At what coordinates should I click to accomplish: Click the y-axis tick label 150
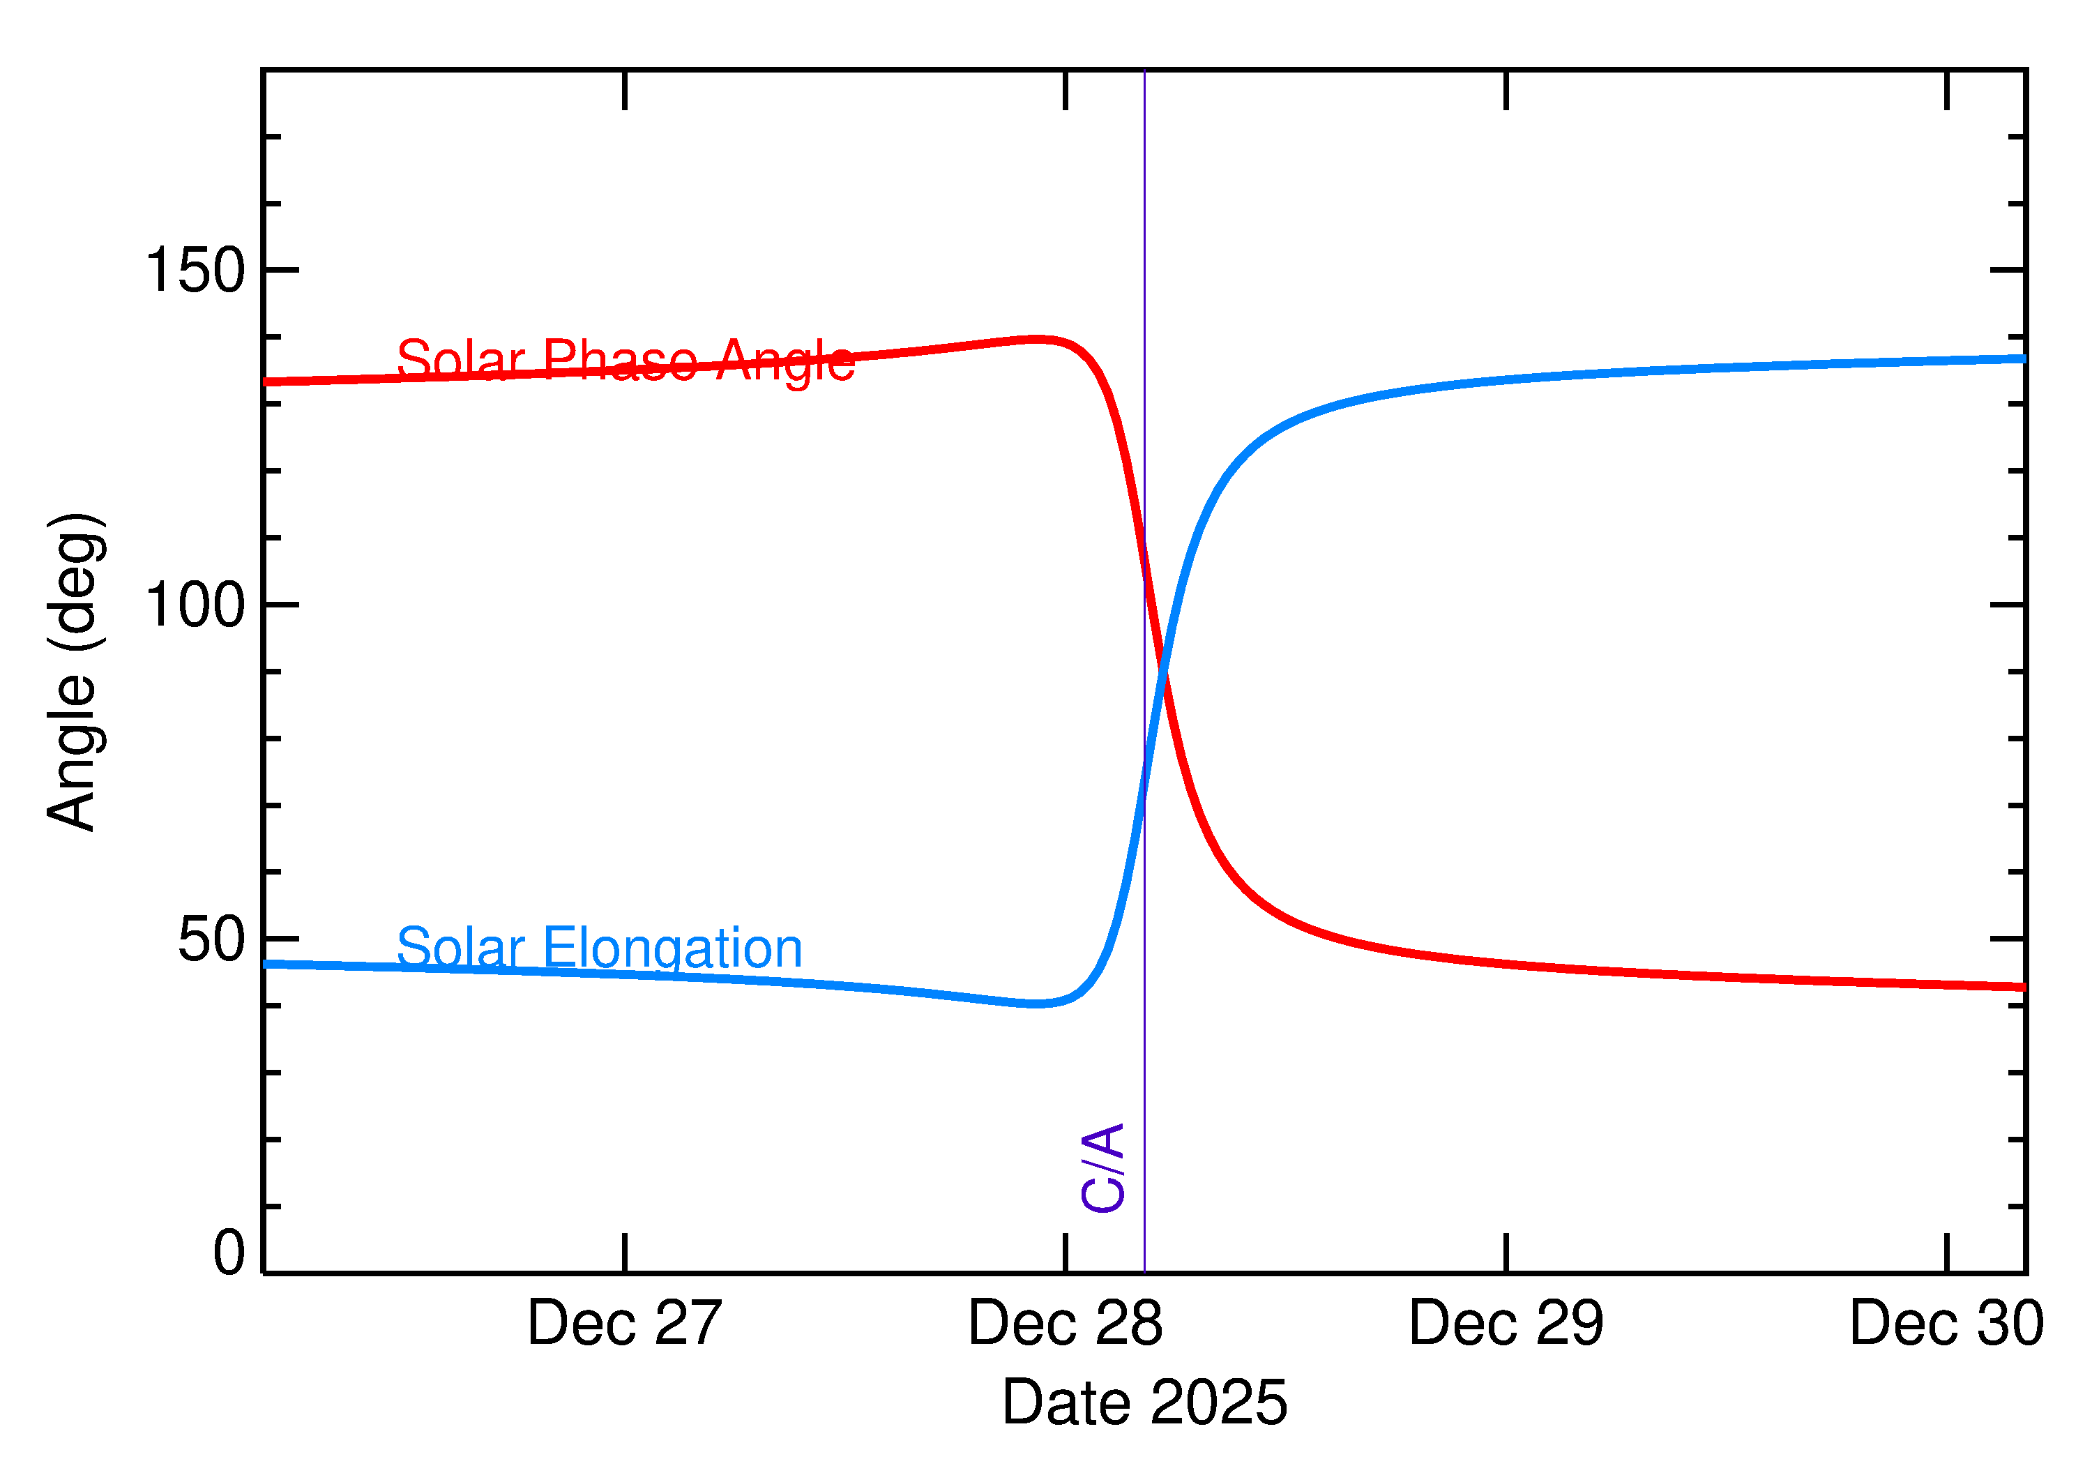pos(195,271)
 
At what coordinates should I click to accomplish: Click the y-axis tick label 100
pos(195,605)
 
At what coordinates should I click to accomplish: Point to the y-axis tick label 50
pos(212,940)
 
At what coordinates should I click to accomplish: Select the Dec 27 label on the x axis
pos(624,1324)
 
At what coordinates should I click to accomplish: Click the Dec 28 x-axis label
pos(1065,1324)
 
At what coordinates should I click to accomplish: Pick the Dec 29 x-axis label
pos(1506,1324)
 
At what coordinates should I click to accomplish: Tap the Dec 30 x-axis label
pos(1946,1324)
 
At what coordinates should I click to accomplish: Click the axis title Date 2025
pos(1144,1402)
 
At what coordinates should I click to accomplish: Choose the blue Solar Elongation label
pos(600,948)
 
